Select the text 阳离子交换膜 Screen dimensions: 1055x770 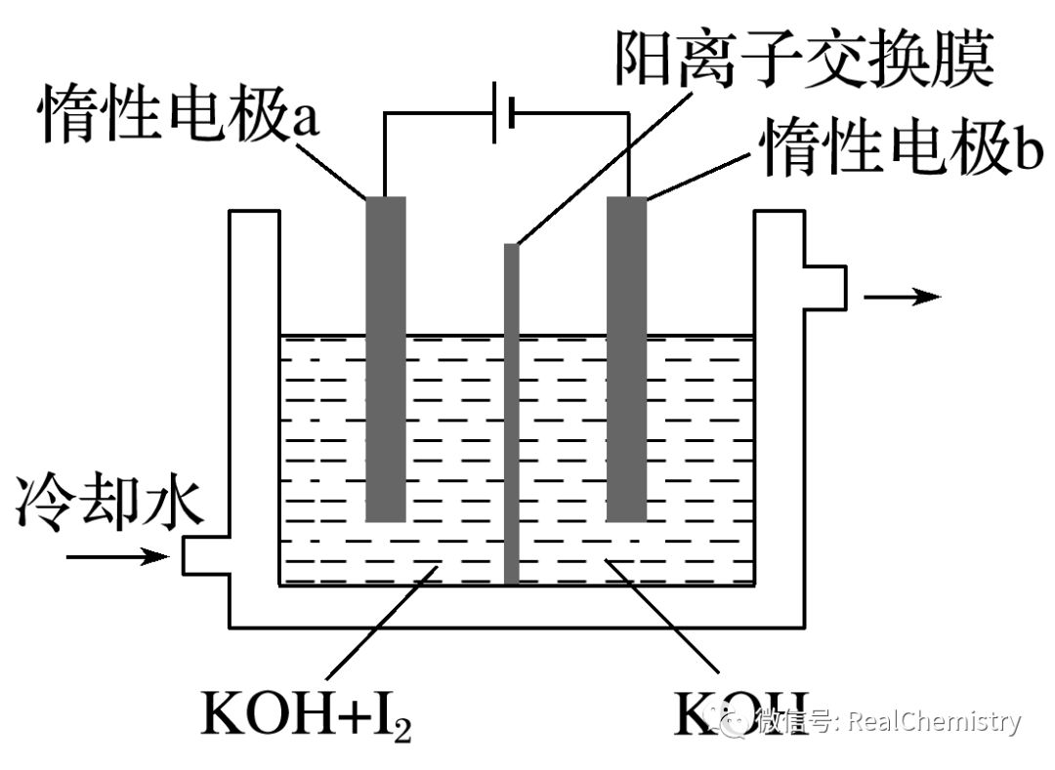coord(804,57)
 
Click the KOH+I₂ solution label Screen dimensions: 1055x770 coord(306,712)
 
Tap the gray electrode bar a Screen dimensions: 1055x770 coord(386,359)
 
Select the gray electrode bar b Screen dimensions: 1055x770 coord(627,359)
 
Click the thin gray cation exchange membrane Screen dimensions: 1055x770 coord(512,414)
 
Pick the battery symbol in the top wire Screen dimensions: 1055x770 coord(503,112)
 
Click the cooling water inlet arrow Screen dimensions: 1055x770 coord(118,556)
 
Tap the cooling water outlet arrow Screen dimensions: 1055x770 coord(903,296)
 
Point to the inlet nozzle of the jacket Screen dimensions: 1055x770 coord(206,556)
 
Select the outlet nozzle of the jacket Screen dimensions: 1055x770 coord(825,288)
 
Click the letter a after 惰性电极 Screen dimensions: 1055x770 coord(305,121)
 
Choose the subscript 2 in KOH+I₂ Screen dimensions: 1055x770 coord(402,730)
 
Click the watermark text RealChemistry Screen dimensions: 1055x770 coord(934,722)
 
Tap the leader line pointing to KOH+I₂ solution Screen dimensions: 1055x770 coord(382,623)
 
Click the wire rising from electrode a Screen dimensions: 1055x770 coord(384,154)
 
